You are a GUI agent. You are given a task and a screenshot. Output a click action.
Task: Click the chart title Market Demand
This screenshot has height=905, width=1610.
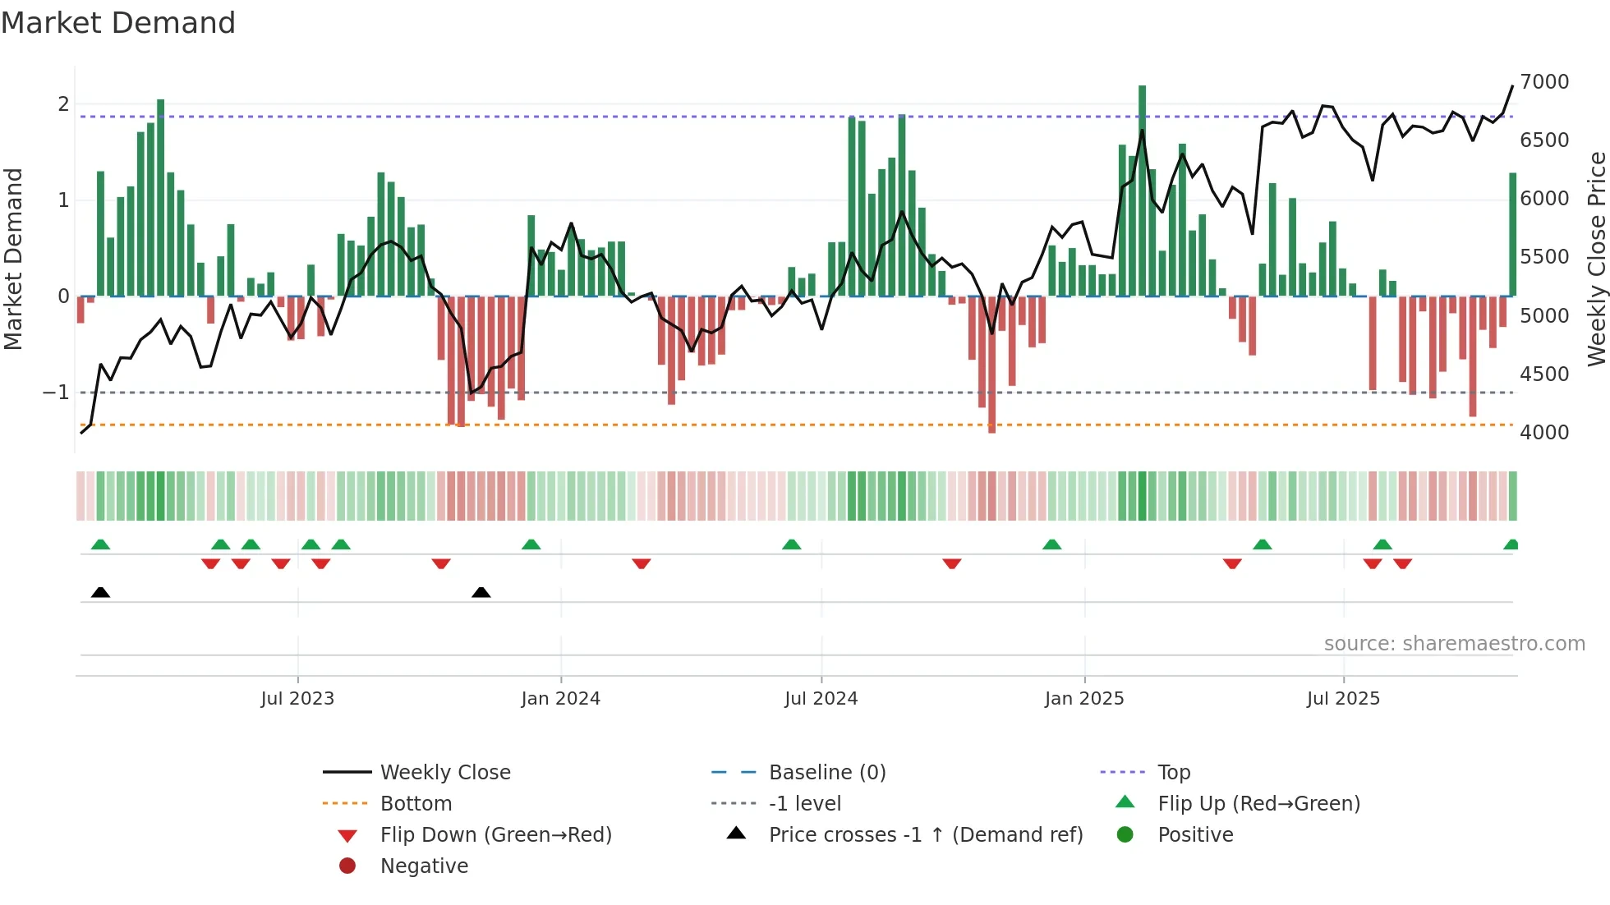pos(118,22)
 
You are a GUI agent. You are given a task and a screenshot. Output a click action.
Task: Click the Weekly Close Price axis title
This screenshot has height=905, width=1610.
pos(1596,259)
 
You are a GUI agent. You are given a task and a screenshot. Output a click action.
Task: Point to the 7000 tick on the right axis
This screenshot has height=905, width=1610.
pos(1543,81)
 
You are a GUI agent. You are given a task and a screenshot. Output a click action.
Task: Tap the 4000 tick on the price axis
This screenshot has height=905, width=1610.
pos(1543,432)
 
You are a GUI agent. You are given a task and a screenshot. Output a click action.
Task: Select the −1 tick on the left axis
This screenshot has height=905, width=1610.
pos(56,393)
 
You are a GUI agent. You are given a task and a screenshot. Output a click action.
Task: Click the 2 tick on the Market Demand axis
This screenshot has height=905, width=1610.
pos(63,103)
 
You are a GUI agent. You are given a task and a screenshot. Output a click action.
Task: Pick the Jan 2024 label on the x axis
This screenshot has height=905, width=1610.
pos(560,698)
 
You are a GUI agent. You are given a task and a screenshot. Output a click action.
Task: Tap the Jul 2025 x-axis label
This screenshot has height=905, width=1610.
pos(1343,698)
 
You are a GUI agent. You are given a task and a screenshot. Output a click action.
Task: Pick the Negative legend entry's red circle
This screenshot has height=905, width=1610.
pos(347,866)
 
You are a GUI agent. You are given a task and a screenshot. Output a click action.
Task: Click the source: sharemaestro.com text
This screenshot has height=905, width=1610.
pos(1454,643)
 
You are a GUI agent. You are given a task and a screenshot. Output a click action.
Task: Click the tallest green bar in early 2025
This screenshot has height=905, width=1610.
pos(1142,189)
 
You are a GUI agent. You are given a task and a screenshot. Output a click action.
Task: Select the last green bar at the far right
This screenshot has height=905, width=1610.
pos(1512,234)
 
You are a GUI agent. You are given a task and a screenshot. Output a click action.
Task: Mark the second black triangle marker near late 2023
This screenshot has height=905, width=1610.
pos(481,592)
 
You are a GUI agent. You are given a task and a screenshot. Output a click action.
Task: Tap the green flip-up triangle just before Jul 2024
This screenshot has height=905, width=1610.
pos(791,544)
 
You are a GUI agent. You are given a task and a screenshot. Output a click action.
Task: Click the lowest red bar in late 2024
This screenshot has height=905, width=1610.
pos(991,365)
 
